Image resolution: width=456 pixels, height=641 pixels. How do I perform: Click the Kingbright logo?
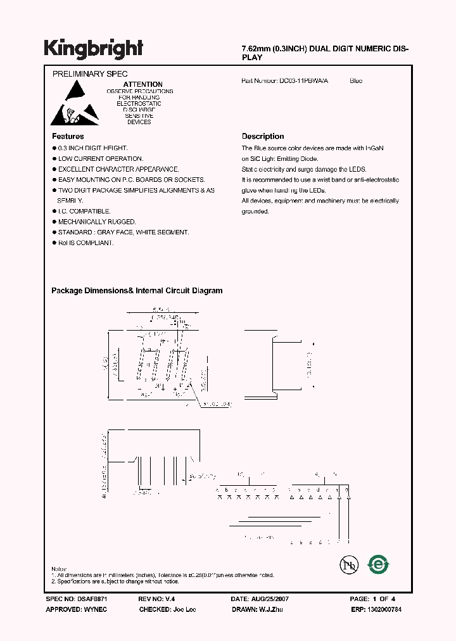coord(93,49)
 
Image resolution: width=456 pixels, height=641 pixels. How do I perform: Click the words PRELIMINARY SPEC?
coord(90,74)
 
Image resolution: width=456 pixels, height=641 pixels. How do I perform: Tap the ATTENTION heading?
coord(142,84)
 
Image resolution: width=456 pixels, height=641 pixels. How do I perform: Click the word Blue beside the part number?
coord(356,81)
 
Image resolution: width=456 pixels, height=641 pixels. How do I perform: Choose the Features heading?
coord(68,136)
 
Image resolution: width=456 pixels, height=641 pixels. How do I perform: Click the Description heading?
coord(263,136)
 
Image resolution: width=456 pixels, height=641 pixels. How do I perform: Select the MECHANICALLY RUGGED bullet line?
coord(97,222)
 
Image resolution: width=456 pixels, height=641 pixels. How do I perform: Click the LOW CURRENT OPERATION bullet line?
coord(101,158)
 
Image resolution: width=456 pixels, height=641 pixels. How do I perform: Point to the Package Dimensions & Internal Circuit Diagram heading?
coord(137,291)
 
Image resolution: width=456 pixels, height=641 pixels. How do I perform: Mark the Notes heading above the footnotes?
coord(60,569)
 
